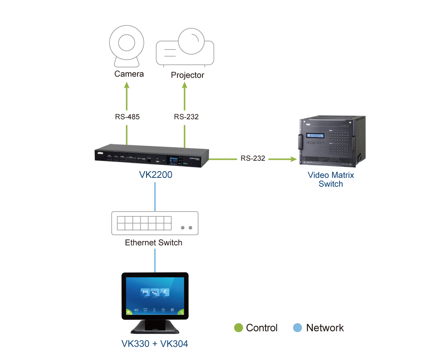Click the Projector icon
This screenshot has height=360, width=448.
coord(185,48)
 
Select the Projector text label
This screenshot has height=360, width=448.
coord(187,75)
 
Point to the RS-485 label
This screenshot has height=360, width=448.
coord(127,117)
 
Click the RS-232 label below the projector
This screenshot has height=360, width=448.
coord(186,117)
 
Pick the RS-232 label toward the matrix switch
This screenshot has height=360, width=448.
coord(253,159)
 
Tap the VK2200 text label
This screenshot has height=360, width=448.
coord(156,175)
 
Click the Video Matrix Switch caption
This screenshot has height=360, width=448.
coord(330,179)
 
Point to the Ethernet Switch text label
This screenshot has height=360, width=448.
coord(154,243)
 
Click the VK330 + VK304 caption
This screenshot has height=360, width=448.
coord(154,344)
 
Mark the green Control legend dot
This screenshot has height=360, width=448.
coord(238,328)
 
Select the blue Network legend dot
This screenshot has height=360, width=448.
coord(297,328)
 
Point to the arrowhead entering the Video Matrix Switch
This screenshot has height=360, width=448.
coord(293,159)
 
